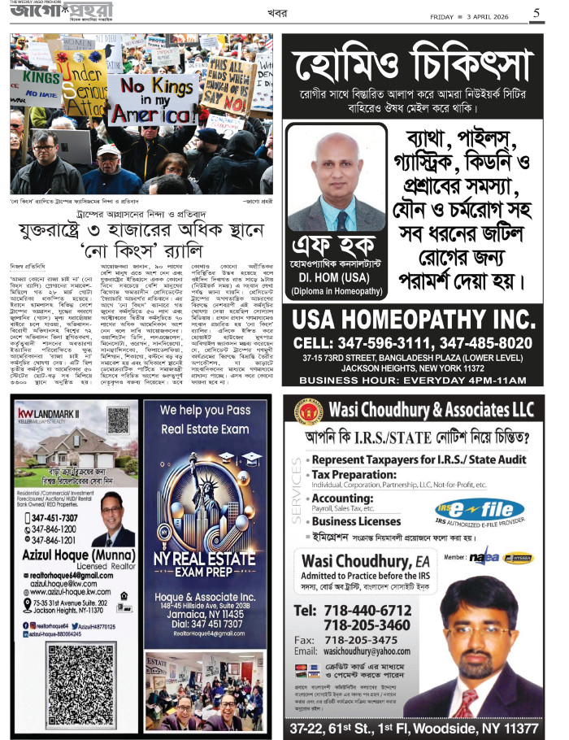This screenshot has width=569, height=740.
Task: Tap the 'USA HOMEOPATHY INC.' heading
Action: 418,318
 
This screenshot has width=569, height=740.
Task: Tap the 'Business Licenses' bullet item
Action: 358,521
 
